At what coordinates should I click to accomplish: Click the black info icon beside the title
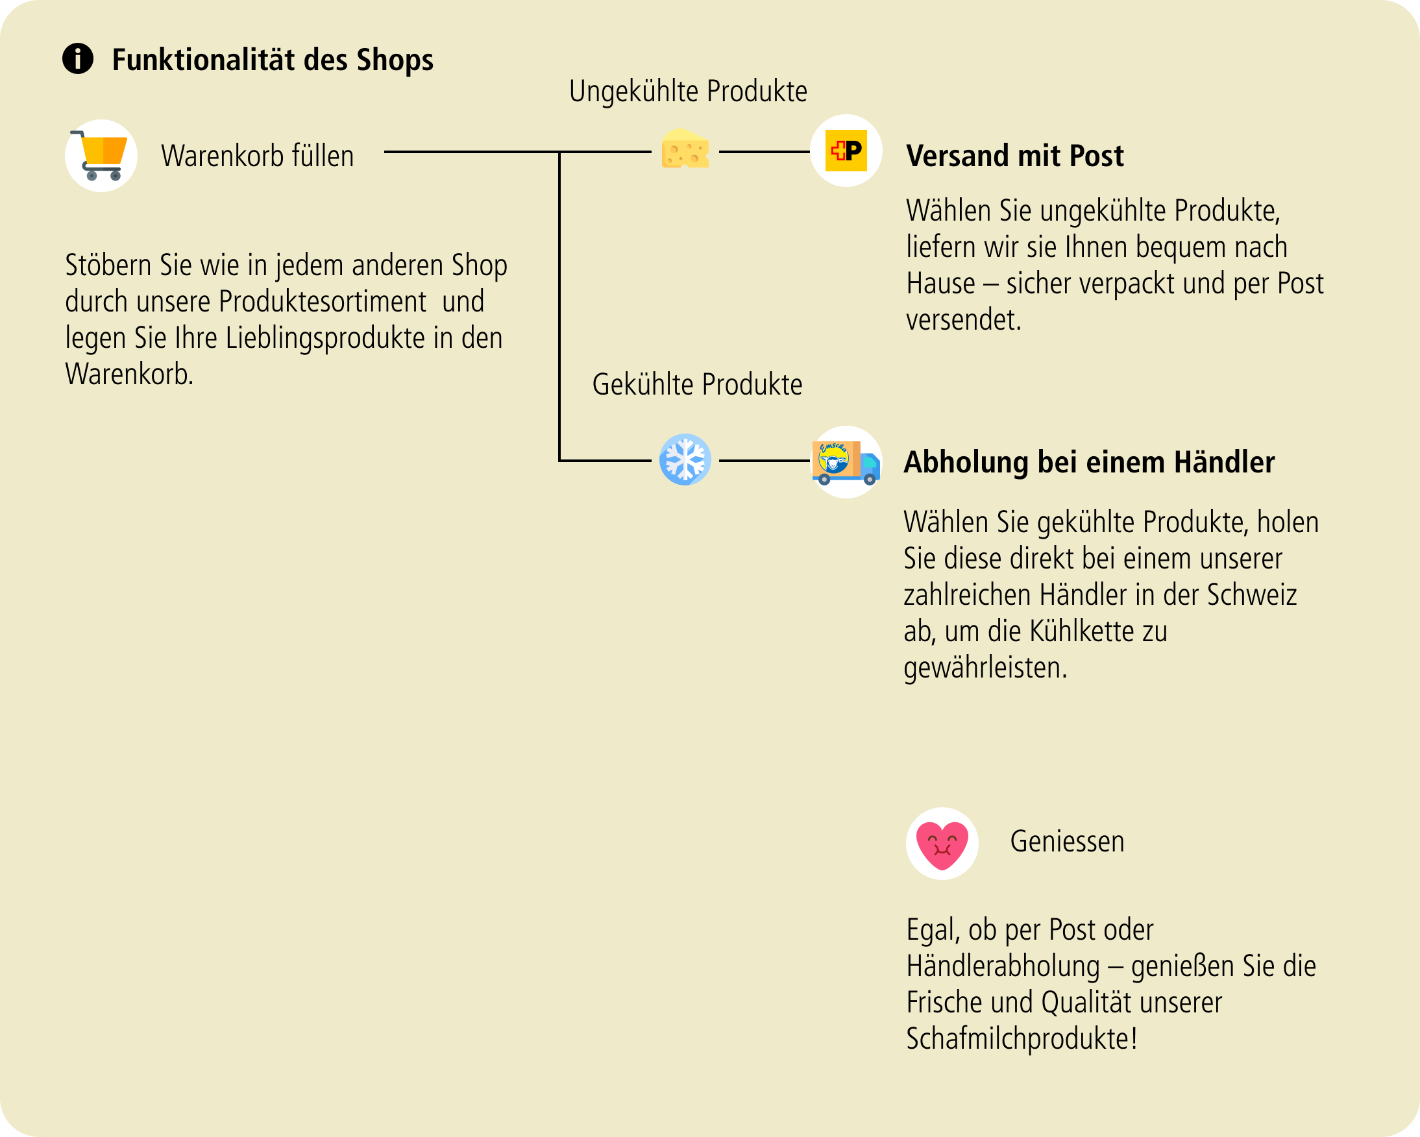point(78,58)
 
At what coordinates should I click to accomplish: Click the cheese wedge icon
point(685,148)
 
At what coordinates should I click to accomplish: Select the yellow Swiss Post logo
point(846,151)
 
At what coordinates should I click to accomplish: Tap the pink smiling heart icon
point(942,844)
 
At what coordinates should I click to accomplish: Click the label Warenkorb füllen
point(258,157)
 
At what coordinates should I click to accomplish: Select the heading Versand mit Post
point(1015,156)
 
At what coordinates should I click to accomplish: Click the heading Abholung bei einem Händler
point(1090,462)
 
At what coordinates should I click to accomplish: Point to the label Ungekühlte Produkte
point(689,92)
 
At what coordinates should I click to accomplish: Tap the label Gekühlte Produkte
point(698,384)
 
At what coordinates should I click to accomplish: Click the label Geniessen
point(1067,842)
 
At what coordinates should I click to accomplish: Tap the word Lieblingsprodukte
point(325,339)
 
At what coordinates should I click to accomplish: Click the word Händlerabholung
point(1003,966)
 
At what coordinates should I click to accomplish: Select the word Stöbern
point(108,265)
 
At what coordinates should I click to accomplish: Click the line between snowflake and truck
point(764,461)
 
